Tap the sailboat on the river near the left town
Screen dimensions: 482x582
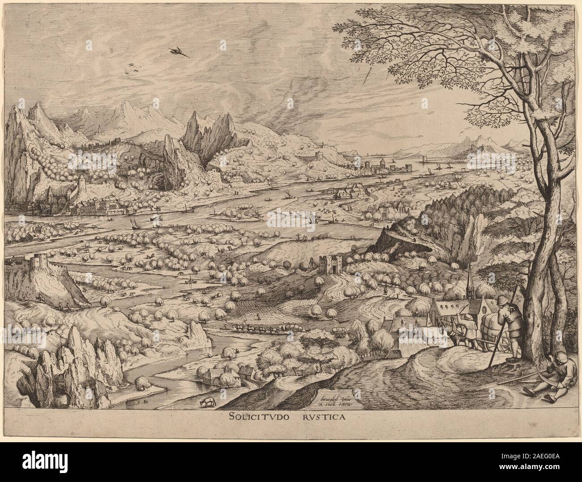(134, 222)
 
